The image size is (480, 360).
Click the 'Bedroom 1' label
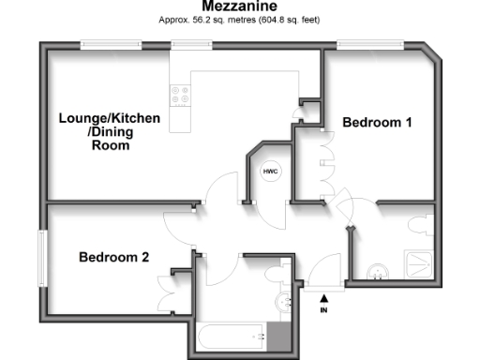pos(377,122)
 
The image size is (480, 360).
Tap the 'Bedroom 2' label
pos(112,257)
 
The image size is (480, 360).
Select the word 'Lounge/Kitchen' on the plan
pos(110,118)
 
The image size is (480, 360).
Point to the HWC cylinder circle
pos(270,172)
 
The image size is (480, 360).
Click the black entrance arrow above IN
pos(324,297)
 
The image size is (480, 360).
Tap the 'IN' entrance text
pos(324,309)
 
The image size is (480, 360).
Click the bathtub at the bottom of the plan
pos(231,335)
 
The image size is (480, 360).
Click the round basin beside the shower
pos(378,269)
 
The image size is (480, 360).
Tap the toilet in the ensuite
pos(420,225)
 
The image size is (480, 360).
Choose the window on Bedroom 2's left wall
pos(41,260)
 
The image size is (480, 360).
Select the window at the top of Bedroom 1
pos(371,43)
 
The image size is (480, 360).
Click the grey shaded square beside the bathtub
pos(279,335)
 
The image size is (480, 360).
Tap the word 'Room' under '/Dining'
pos(104,145)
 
